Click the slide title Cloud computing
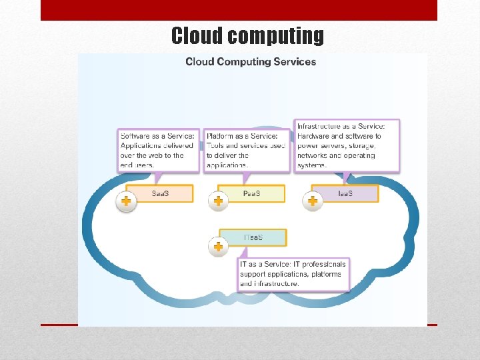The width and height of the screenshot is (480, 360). coord(247,35)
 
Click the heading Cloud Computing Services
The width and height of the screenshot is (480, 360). coord(251,62)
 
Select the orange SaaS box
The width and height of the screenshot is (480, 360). coord(160,194)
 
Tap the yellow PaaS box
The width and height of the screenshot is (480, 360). coord(251,194)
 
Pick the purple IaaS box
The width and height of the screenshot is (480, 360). coord(345,194)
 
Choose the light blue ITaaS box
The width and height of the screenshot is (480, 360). coord(253,238)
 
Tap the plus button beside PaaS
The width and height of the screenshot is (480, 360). coord(218,201)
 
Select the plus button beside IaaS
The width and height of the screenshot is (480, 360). coord(312,201)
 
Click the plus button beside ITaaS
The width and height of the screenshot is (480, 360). coord(218,247)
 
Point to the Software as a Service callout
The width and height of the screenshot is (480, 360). coord(159,151)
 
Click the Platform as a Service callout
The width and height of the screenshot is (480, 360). coord(246,151)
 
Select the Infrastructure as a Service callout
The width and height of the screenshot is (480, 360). coord(347,145)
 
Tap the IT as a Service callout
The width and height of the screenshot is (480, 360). coord(293,274)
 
